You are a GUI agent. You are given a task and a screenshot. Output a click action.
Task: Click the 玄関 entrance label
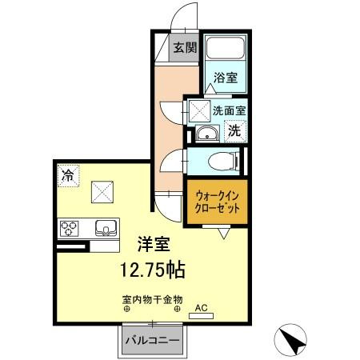[x=185, y=47]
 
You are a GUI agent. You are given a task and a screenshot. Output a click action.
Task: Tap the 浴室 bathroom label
[x=225, y=78]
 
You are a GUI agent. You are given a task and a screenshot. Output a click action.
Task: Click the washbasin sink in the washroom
[x=206, y=133]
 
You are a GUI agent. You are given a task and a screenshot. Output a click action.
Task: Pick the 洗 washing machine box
[x=234, y=131]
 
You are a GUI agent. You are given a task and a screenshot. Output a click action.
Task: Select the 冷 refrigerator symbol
[x=68, y=174]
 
